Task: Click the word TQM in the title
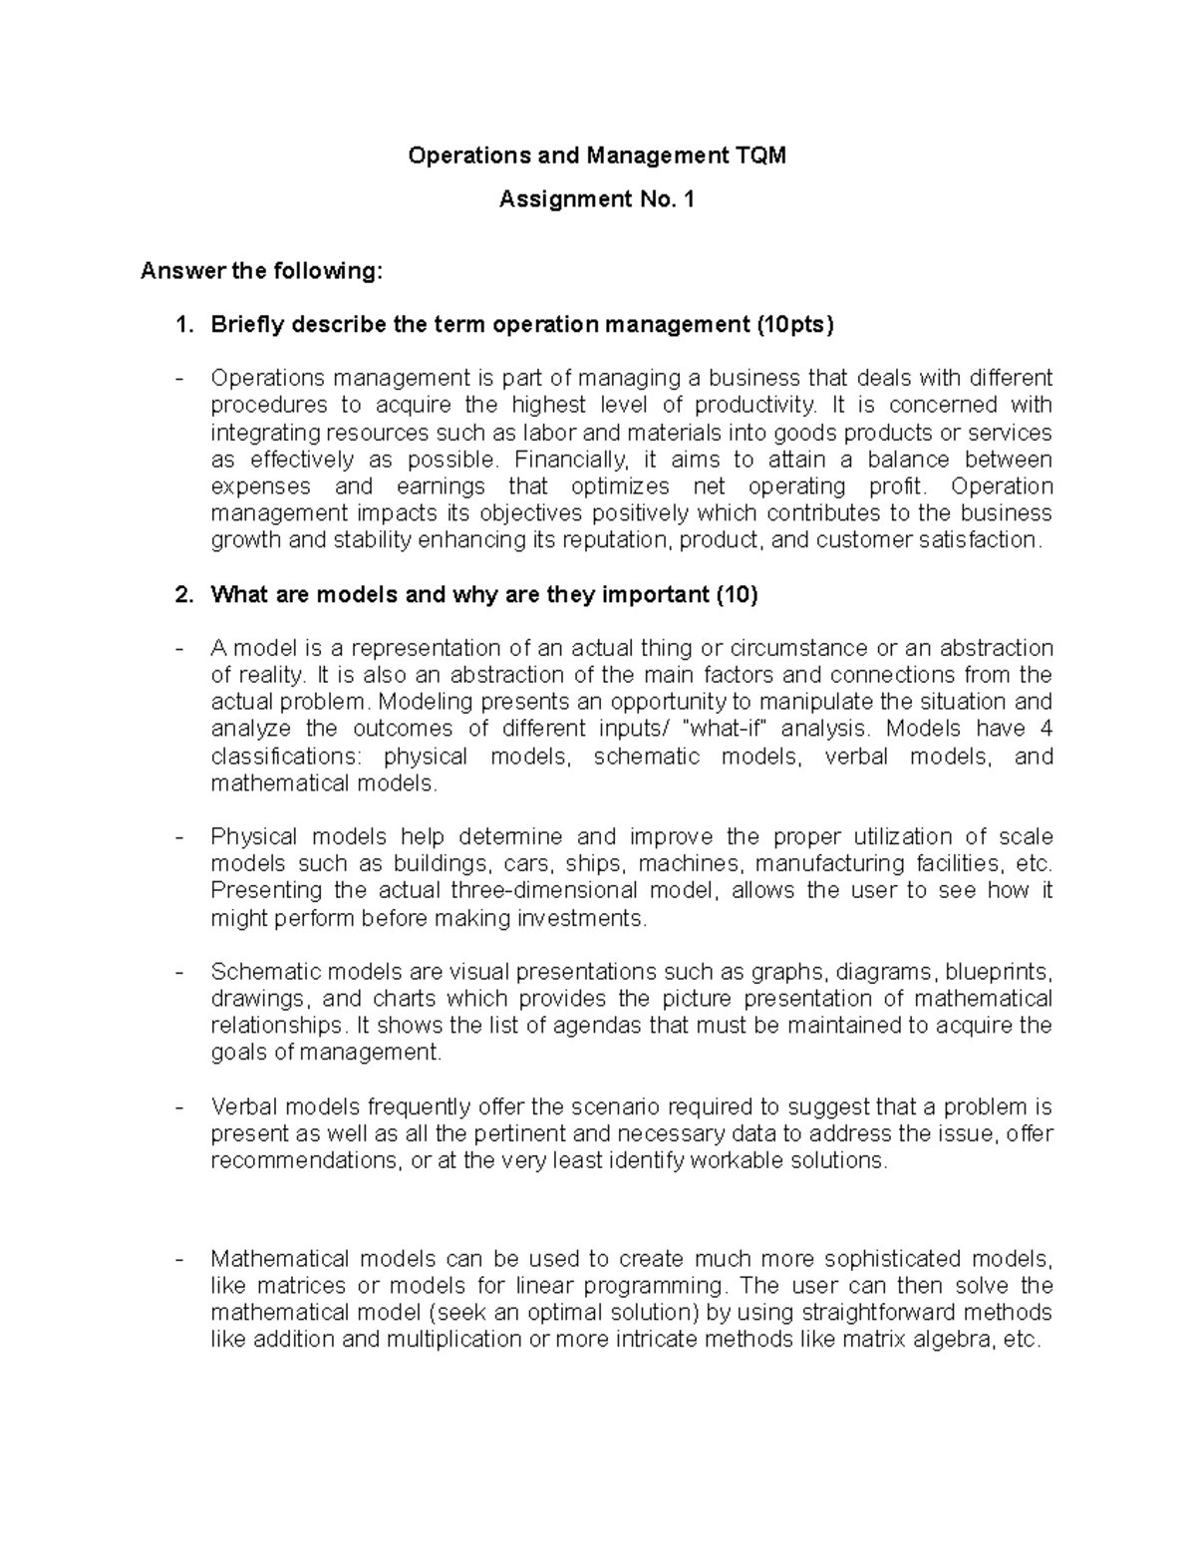pos(760,155)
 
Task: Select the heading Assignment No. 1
pos(596,199)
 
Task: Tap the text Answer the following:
pos(260,271)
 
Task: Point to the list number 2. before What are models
pos(183,595)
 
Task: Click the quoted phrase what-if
pos(728,729)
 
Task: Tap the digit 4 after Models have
pos(1046,729)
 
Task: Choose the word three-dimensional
pos(543,890)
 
